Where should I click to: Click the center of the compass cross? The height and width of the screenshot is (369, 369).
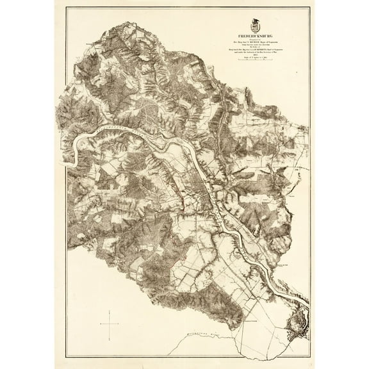110,318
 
